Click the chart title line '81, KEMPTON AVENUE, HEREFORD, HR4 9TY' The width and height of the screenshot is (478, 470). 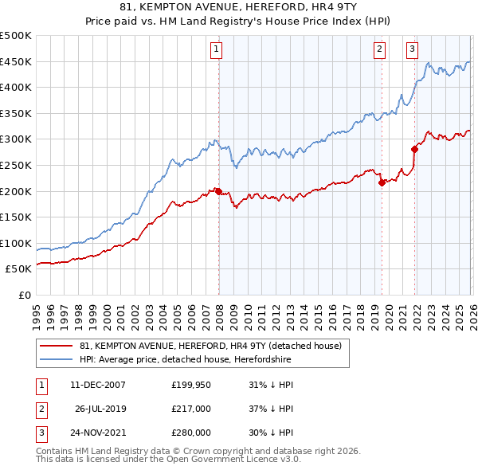click(x=238, y=7)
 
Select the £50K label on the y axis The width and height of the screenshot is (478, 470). click(x=19, y=269)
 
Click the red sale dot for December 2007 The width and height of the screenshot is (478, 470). click(x=218, y=191)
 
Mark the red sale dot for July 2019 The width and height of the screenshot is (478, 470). click(x=382, y=182)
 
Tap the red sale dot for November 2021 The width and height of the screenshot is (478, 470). click(x=414, y=149)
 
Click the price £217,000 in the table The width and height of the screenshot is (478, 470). click(x=191, y=409)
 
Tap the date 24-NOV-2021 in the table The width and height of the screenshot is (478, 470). click(x=97, y=433)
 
